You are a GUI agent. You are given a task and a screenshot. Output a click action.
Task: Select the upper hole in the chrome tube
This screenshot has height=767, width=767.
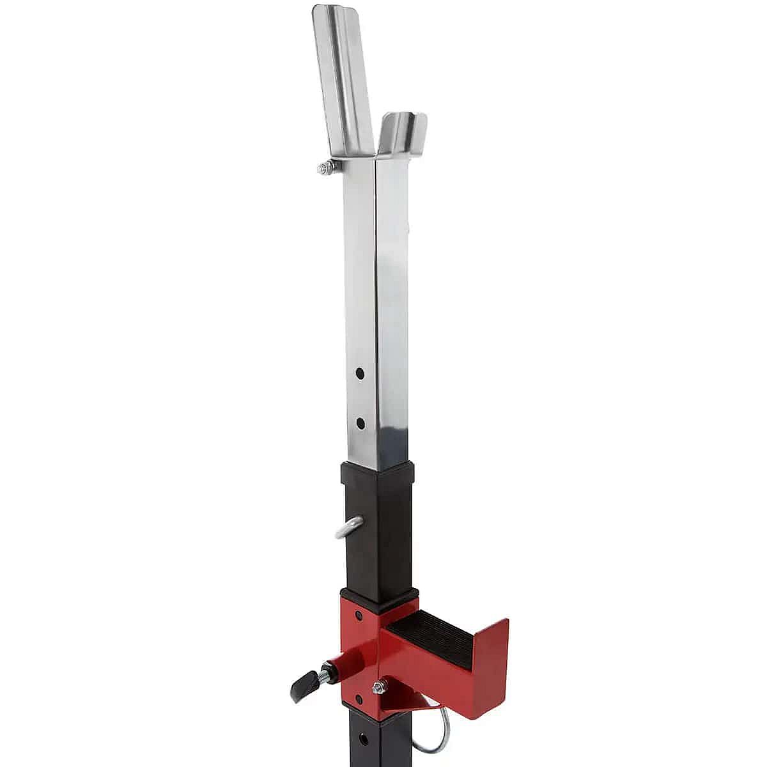pyautogui.click(x=360, y=372)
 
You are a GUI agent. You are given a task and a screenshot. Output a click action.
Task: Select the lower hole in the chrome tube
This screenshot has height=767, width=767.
pyautogui.click(x=360, y=422)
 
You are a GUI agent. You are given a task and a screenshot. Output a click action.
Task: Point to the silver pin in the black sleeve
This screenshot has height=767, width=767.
pyautogui.click(x=348, y=528)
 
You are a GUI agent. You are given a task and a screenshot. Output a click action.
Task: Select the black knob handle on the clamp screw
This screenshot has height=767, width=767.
pyautogui.click(x=300, y=687)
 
